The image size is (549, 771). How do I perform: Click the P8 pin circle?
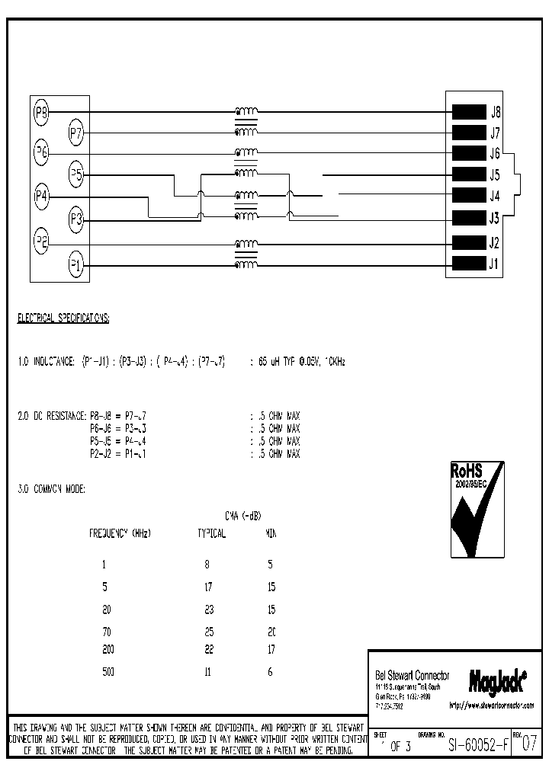(x=42, y=113)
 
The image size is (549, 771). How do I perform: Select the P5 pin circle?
(x=76, y=174)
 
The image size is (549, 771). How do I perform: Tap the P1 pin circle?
(x=76, y=266)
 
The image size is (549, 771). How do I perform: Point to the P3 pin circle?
(x=76, y=219)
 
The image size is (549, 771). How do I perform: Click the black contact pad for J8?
(x=469, y=112)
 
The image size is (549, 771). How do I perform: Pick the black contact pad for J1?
(x=469, y=264)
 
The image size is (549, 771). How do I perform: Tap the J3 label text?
(x=495, y=219)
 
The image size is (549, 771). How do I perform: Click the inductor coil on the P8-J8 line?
(x=246, y=111)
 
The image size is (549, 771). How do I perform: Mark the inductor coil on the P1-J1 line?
(x=246, y=265)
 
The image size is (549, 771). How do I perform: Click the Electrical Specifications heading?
(x=63, y=318)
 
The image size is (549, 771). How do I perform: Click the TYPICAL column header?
(x=211, y=533)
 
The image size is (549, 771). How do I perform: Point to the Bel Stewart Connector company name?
(x=413, y=676)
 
